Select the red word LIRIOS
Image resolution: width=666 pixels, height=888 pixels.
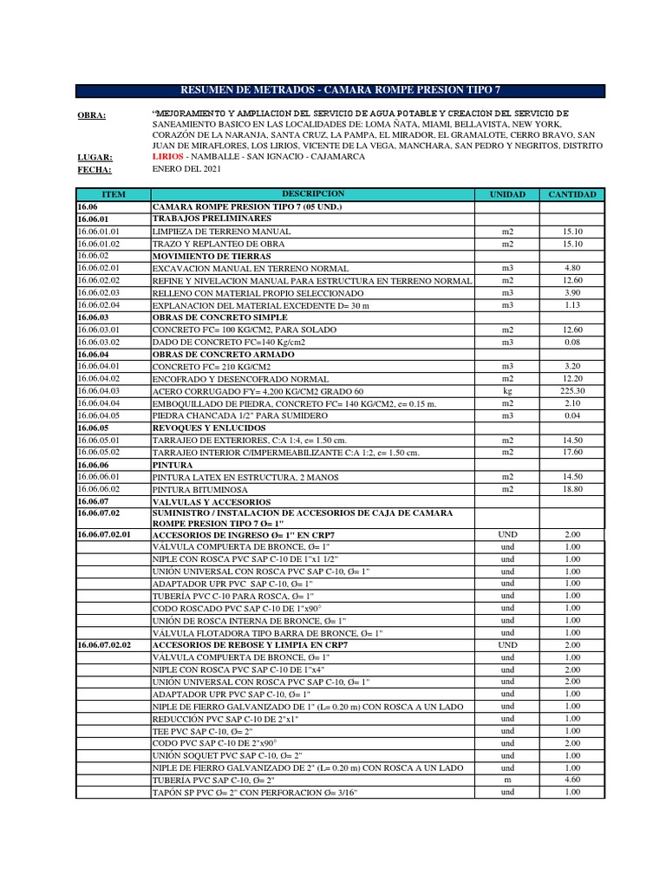tap(167, 157)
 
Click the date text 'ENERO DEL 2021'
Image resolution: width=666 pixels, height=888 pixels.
tap(186, 169)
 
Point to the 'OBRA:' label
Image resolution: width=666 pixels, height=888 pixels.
tap(92, 116)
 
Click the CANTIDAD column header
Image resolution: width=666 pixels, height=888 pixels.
tap(572, 194)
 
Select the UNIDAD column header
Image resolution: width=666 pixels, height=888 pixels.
tap(507, 194)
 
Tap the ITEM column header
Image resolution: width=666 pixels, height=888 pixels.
tap(114, 194)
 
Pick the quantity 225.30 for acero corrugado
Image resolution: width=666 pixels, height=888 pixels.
tap(572, 391)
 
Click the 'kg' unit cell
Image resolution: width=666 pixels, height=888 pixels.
tap(507, 391)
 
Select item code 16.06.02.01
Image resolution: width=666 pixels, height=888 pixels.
tap(98, 269)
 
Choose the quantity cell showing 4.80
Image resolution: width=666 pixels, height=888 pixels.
tap(572, 269)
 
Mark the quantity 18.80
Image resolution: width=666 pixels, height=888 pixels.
tap(572, 489)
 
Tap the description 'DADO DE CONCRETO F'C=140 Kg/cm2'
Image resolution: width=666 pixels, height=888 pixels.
tap(229, 343)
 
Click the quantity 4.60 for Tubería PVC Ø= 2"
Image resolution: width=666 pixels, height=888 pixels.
tap(572, 780)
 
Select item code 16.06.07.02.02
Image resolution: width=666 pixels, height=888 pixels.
tap(103, 645)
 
